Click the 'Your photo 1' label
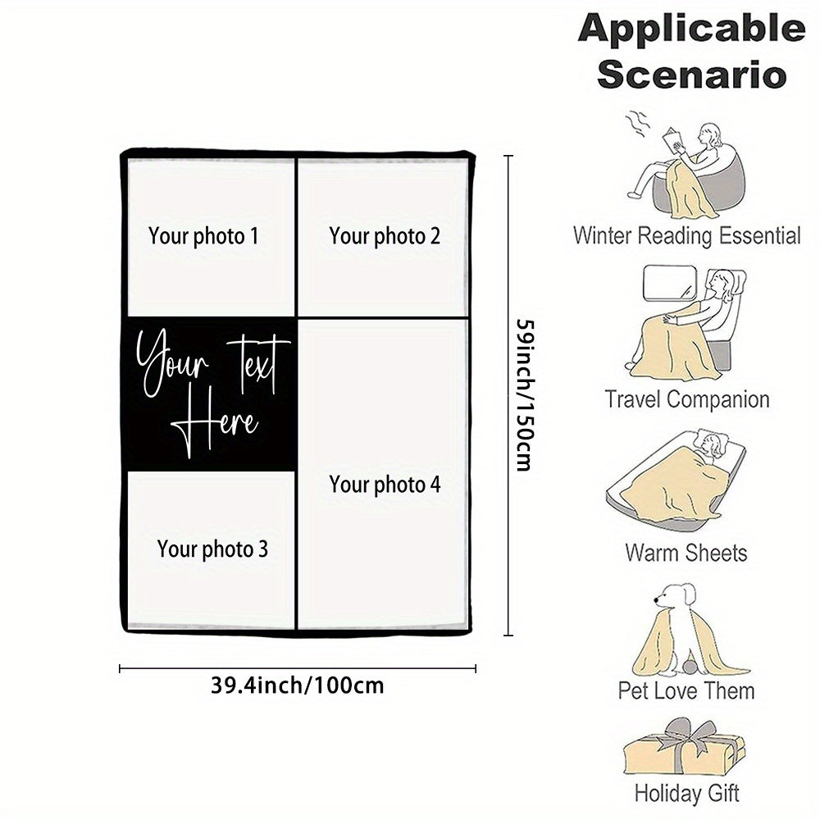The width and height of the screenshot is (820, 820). [x=203, y=236]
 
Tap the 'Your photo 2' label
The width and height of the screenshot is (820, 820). [x=385, y=236]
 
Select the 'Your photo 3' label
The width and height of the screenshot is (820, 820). [x=212, y=549]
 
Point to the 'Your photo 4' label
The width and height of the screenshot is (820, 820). [x=385, y=484]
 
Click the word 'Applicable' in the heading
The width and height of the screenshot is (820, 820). [x=691, y=30]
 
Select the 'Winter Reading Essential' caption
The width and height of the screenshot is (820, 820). [x=686, y=236]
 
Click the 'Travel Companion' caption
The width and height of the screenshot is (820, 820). [x=686, y=400]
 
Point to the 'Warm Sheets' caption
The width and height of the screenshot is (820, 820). [x=686, y=552]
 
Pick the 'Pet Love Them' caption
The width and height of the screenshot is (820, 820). [x=686, y=690]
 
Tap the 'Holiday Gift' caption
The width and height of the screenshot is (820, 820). [x=686, y=793]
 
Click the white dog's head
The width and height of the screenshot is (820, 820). [x=676, y=599]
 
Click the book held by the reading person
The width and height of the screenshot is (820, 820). [x=676, y=140]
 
